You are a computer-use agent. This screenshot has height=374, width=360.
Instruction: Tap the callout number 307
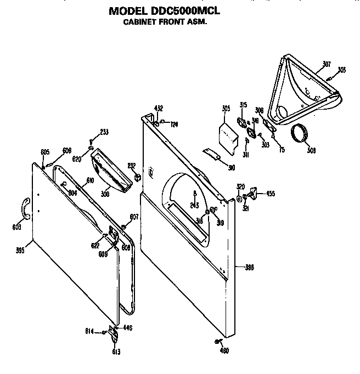point(326,65)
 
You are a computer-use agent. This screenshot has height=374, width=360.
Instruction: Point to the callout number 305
point(226,108)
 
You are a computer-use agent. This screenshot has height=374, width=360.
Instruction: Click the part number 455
point(271,194)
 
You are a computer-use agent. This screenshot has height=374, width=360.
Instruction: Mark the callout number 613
point(116,352)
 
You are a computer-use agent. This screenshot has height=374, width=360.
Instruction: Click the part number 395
point(20,251)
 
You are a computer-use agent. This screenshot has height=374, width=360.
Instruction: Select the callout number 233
point(104,132)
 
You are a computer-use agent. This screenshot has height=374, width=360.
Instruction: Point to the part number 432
point(158,108)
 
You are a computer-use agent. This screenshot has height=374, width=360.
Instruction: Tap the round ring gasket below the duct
point(300,133)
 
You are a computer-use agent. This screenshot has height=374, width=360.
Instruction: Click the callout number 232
point(131,166)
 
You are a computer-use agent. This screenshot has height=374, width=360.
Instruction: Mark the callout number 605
point(45,152)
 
